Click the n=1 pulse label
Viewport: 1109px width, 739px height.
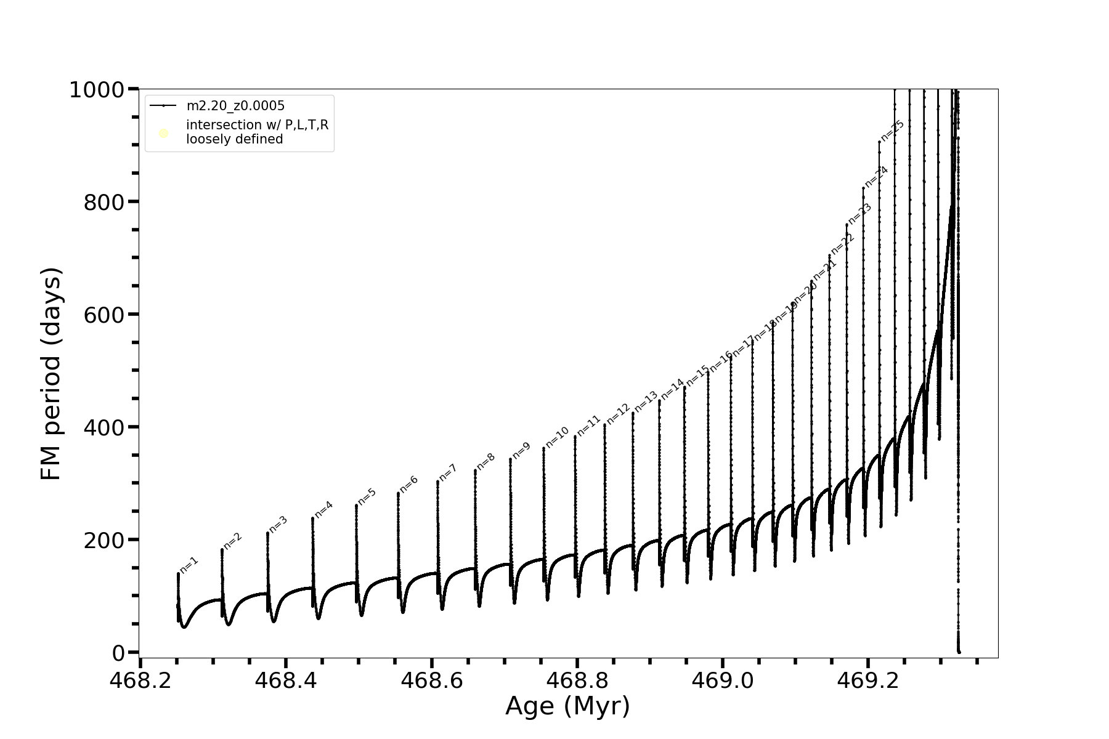[189, 565]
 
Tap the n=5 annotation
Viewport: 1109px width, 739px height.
[367, 496]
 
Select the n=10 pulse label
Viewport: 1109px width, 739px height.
[557, 437]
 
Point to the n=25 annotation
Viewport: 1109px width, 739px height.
[892, 131]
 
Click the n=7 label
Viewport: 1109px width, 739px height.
[448, 472]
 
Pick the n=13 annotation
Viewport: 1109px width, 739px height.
[646, 402]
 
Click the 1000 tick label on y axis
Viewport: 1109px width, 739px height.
[97, 91]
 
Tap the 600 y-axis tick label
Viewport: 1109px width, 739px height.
[103, 315]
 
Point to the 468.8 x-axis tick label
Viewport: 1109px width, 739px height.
[577, 681]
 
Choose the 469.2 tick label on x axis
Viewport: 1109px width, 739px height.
[867, 681]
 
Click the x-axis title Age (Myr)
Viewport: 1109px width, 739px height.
[567, 706]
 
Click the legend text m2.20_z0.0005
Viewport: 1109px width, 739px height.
[235, 106]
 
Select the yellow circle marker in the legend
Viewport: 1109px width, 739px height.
[164, 133]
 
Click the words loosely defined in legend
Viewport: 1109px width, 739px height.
[235, 139]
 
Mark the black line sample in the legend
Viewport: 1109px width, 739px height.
[163, 106]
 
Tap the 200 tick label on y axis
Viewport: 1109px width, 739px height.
[103, 540]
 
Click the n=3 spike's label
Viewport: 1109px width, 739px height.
[278, 524]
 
